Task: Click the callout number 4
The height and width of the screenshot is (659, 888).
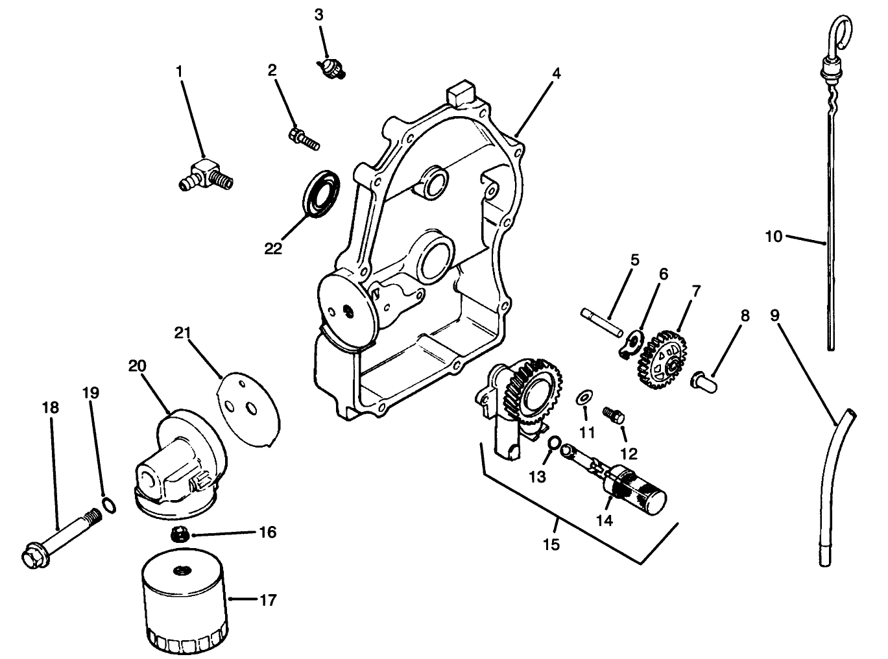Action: [555, 73]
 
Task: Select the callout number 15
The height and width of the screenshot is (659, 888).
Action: [551, 544]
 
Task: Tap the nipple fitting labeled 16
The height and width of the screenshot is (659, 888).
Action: [180, 534]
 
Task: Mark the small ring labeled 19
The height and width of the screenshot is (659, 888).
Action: [110, 505]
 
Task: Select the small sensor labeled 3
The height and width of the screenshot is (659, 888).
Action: [330, 67]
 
